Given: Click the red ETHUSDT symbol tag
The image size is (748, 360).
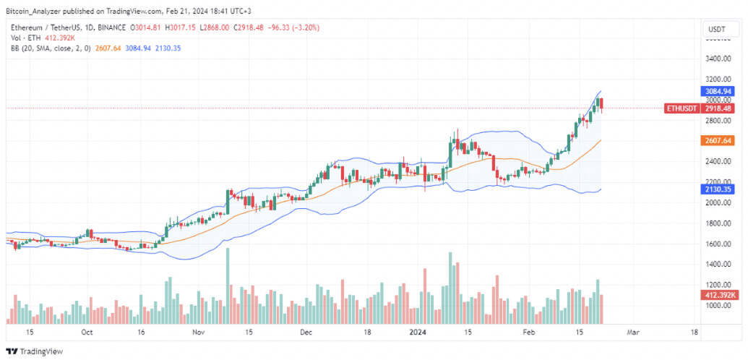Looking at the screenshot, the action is coord(682,109).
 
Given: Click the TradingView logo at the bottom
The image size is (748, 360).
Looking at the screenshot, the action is coord(34,351).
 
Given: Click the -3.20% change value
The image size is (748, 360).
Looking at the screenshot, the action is coord(308,28).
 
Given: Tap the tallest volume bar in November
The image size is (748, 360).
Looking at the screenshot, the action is coord(228,286).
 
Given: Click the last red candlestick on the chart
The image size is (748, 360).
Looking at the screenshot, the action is coord(601,105).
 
